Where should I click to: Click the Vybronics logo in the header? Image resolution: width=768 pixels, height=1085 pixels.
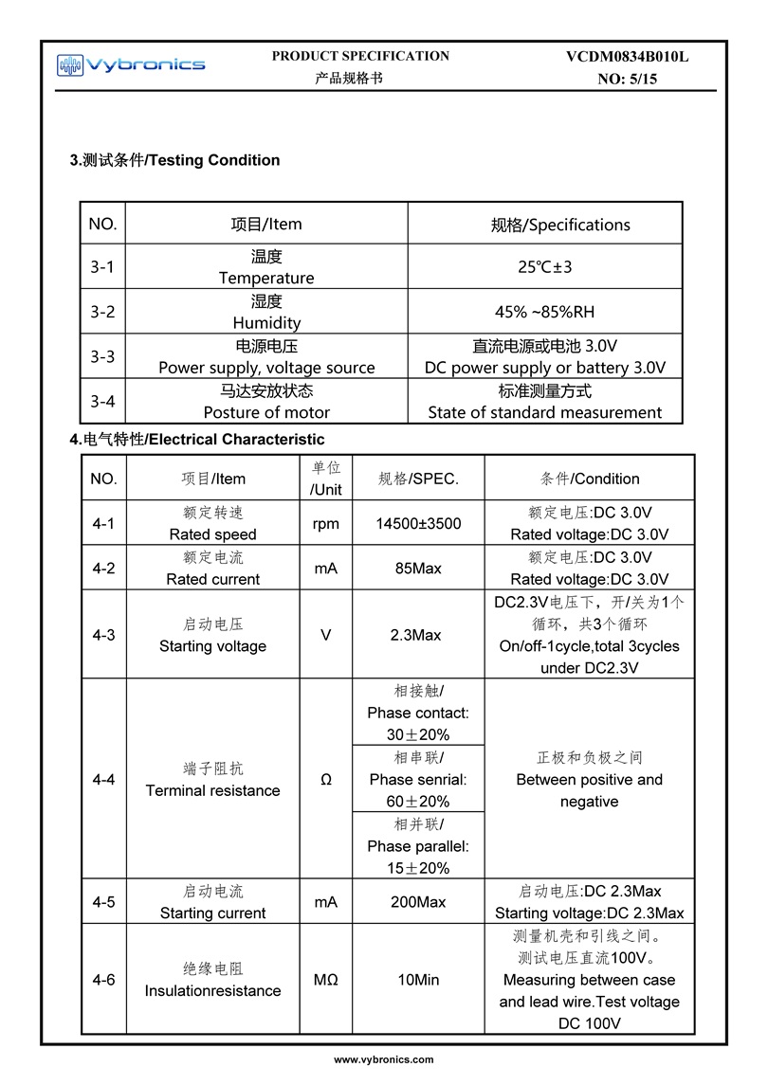tap(131, 64)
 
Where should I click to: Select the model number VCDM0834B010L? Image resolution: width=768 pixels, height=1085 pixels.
tap(627, 57)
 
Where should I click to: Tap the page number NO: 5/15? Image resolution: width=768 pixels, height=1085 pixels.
tap(627, 80)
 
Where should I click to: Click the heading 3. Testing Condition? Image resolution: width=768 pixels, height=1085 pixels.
tap(175, 160)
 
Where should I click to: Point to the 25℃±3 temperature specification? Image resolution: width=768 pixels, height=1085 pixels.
tap(545, 267)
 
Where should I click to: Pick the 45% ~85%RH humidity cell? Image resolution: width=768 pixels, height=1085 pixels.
tap(545, 312)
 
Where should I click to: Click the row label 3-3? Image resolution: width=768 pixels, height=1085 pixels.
tap(102, 356)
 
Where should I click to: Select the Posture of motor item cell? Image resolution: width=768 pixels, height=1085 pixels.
tap(266, 401)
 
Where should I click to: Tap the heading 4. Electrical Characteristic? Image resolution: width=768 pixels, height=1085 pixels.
tap(197, 440)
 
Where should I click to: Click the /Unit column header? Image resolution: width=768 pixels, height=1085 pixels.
tap(326, 489)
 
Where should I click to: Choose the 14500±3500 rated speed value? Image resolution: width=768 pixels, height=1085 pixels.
tap(418, 523)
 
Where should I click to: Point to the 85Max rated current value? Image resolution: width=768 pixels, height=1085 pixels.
tap(418, 569)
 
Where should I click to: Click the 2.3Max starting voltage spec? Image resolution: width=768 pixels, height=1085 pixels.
tap(418, 635)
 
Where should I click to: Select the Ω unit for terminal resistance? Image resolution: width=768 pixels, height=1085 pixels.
tap(326, 780)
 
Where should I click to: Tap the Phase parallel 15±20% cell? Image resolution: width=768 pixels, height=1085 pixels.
tap(418, 846)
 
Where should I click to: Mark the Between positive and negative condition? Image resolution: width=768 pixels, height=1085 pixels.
tap(589, 780)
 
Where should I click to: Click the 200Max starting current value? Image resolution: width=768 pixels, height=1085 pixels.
tap(418, 902)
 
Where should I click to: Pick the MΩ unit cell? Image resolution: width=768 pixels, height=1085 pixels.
tap(326, 980)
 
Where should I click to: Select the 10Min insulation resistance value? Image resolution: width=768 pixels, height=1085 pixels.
tap(418, 980)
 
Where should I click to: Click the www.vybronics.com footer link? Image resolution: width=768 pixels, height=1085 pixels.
tap(384, 1060)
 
